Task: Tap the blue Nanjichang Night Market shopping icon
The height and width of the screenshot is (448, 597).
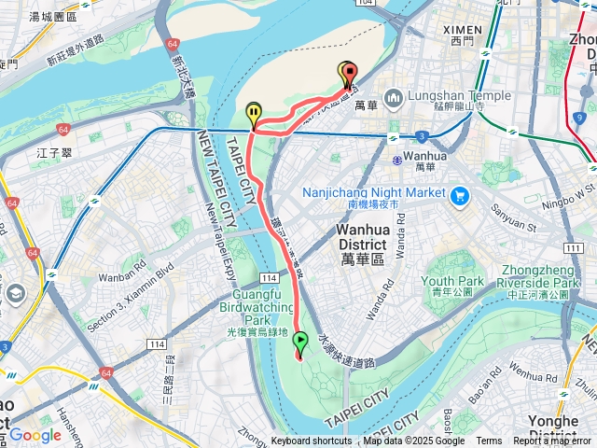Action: [x=458, y=196]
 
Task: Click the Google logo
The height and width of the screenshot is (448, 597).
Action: [x=35, y=434]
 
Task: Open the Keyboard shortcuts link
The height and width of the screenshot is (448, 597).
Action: [x=312, y=441]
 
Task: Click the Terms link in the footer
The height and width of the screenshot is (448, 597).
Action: [x=489, y=441]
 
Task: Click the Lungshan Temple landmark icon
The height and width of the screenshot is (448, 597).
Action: [x=393, y=97]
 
